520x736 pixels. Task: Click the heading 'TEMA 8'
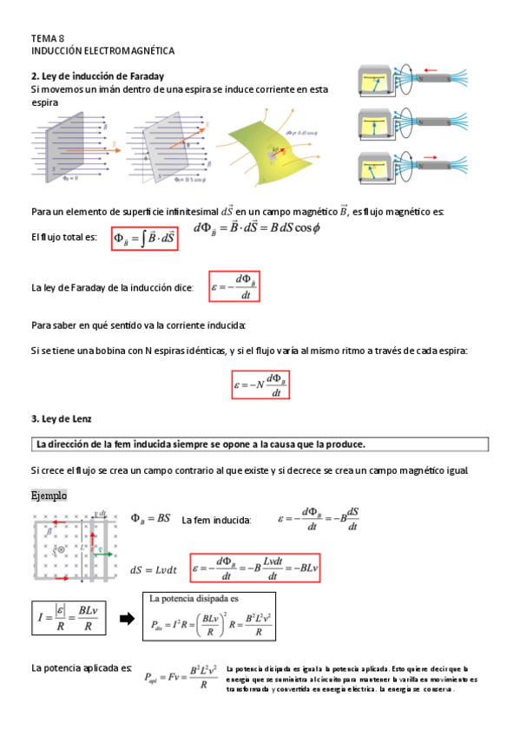tap(47, 39)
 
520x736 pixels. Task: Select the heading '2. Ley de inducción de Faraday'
tap(97, 76)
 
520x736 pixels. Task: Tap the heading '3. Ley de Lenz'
tap(63, 418)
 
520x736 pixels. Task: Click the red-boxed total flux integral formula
tap(144, 239)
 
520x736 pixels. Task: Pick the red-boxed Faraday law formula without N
tap(234, 287)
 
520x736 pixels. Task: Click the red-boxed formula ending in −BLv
tap(254, 568)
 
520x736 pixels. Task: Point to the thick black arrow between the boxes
tap(128, 618)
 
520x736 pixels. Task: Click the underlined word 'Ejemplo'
tap(49, 495)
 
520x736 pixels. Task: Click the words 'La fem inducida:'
tap(216, 521)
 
